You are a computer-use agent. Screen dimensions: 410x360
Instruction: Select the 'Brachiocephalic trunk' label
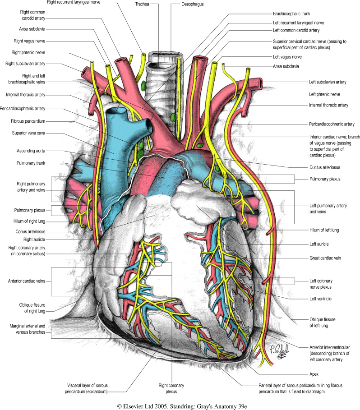(x=291, y=14)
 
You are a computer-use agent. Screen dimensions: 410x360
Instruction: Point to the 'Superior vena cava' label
(x=31, y=133)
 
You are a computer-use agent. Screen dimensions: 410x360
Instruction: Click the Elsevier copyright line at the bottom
(x=180, y=405)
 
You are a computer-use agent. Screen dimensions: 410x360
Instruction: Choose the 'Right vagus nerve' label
(x=30, y=41)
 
